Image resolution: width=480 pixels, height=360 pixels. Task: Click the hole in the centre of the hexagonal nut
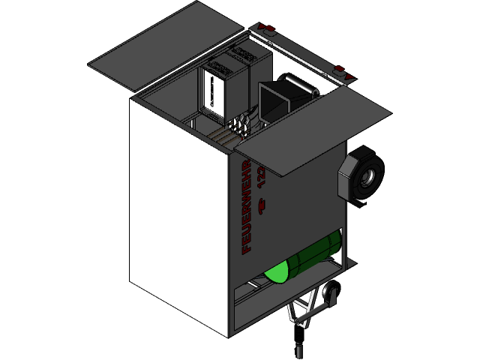(370, 177)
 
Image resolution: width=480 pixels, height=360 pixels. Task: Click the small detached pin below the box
(298, 349)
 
